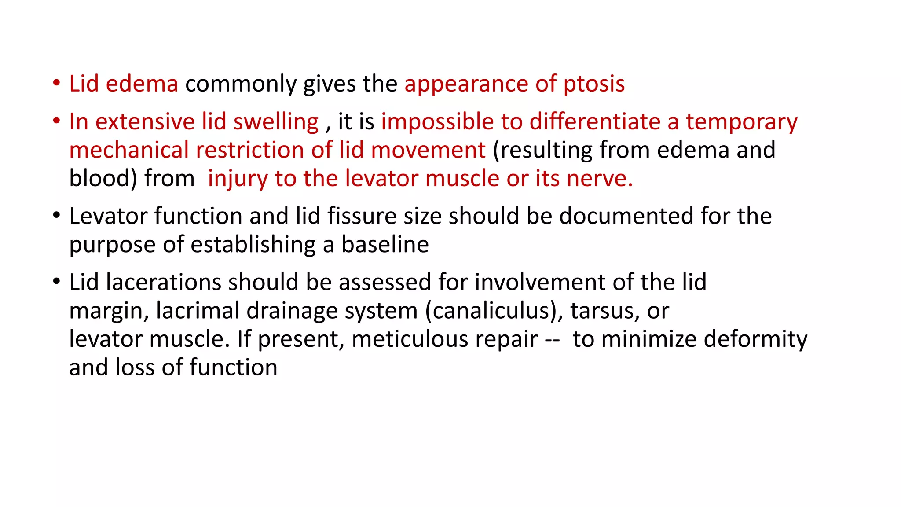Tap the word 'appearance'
[466, 84]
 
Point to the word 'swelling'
[276, 122]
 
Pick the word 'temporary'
[742, 122]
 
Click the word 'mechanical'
[129, 150]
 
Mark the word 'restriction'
[250, 150]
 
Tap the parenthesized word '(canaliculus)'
[494, 311]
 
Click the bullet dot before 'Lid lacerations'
[56, 282]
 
